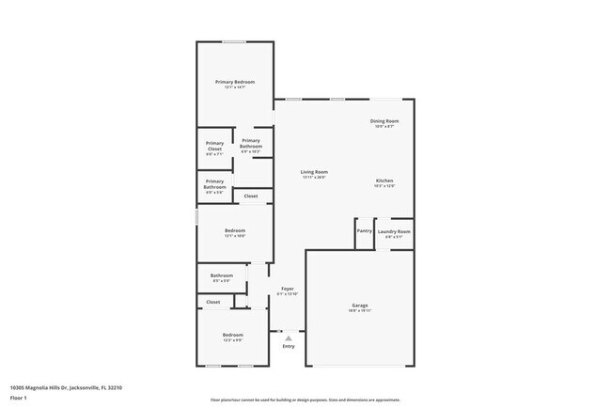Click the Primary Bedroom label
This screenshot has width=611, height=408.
pos(234,82)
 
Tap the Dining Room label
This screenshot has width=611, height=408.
pos(384,120)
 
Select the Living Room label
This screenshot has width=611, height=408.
pos(314,172)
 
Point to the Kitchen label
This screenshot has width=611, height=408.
pos(384,180)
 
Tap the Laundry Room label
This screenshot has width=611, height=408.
pos(394,231)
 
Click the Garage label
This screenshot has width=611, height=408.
pos(359,306)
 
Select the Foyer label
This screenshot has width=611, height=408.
pos(288,289)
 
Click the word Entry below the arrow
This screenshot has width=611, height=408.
pos(289,346)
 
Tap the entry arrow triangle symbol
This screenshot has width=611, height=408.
pos(289,337)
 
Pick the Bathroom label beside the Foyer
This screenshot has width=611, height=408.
pos(222,275)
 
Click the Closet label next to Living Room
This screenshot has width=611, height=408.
pos(251,196)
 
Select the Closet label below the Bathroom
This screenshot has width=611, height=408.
pos(213,302)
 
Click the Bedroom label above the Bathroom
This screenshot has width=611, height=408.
pos(234,231)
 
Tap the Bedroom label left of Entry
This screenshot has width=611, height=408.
pos(232,336)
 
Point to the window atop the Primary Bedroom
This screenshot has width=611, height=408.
pos(234,41)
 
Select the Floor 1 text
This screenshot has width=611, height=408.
pos(20,398)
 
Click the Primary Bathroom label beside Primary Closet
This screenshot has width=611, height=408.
pos(251,143)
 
